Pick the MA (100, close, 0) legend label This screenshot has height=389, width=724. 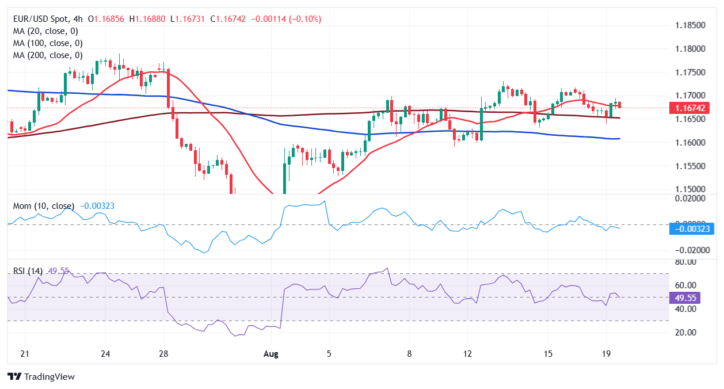(47, 43)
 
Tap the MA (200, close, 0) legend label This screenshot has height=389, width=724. (47, 55)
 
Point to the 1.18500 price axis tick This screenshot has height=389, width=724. (690, 26)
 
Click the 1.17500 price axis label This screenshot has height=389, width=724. (690, 73)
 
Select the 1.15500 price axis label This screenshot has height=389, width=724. (690, 166)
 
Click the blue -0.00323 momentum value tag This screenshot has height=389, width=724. (691, 229)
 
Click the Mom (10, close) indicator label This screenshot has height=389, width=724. (43, 206)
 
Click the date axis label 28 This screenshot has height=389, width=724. (163, 354)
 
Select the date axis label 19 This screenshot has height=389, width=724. (606, 354)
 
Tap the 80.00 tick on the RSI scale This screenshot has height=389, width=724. (685, 262)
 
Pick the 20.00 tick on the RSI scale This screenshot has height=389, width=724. (685, 333)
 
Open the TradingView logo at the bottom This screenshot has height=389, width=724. (41, 377)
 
